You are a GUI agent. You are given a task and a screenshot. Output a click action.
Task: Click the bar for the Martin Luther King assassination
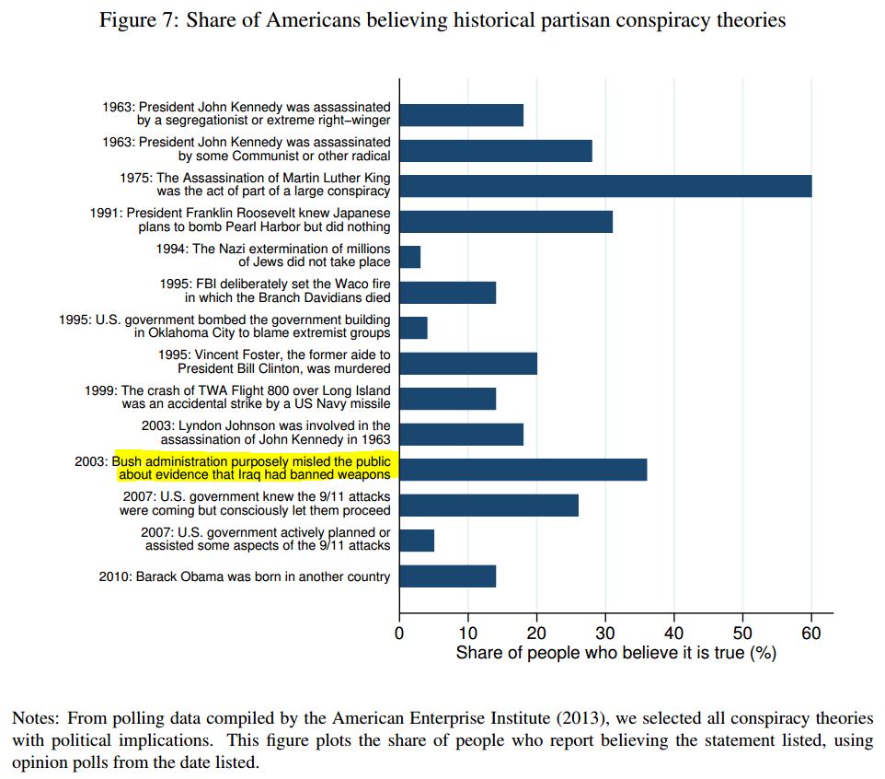[x=604, y=185]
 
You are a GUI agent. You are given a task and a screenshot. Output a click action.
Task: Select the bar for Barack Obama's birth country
[x=447, y=576]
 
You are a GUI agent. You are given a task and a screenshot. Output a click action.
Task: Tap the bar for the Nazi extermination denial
[x=409, y=256]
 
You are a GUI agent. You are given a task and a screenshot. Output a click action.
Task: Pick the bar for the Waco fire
[x=447, y=292]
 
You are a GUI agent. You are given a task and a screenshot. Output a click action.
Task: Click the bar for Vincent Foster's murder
[x=467, y=363]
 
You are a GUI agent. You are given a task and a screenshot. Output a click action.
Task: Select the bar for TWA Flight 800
[x=447, y=398]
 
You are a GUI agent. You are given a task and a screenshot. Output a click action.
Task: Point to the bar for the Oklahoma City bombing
[x=413, y=327]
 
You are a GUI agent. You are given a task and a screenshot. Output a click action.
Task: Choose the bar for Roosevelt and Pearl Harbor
[x=505, y=221]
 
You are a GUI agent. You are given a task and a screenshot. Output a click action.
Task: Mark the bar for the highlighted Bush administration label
[x=523, y=469]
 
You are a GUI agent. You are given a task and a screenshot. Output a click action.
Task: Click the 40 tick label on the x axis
[x=673, y=634]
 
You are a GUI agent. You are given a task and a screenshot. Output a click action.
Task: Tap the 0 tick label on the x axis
[x=399, y=634]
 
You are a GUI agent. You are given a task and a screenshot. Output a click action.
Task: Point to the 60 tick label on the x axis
[x=810, y=634]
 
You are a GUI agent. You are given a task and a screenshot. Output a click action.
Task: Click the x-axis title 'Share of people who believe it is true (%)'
[x=615, y=654]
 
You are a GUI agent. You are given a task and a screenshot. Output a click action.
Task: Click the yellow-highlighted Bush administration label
[x=252, y=468]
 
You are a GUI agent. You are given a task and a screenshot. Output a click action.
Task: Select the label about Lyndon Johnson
[x=266, y=433]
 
